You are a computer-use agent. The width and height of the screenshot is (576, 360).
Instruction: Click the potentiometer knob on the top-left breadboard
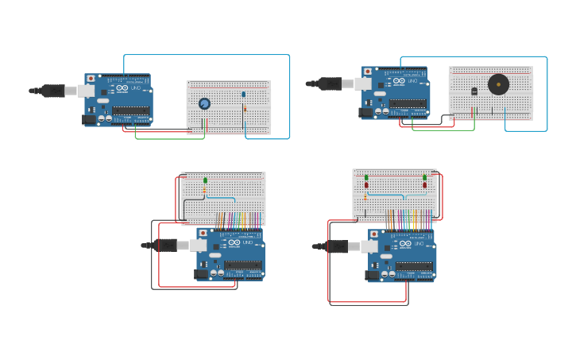pyautogui.click(x=204, y=103)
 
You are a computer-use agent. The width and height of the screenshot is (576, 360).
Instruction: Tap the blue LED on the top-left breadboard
pyautogui.click(x=244, y=95)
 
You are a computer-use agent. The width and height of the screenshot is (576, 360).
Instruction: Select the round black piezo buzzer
pyautogui.click(x=498, y=85)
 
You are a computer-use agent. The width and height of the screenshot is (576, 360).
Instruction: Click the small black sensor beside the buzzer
pyautogui.click(x=474, y=91)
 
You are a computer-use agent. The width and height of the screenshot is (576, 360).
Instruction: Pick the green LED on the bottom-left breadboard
pyautogui.click(x=205, y=180)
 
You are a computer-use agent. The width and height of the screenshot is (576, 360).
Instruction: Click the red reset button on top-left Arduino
pyautogui.click(x=91, y=79)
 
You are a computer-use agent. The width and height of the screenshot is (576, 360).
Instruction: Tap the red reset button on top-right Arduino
pyautogui.click(x=368, y=71)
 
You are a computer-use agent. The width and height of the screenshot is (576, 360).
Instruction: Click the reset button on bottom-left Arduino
pyautogui.click(x=203, y=233)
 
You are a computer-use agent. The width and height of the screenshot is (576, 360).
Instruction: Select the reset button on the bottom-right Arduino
pyautogui.click(x=374, y=234)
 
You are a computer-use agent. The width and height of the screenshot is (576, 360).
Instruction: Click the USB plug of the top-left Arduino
pyautogui.click(x=52, y=91)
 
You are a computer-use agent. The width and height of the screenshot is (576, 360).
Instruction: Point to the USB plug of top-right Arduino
pyautogui.click(x=330, y=83)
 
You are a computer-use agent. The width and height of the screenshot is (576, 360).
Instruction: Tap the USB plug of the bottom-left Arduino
pyautogui.click(x=164, y=245)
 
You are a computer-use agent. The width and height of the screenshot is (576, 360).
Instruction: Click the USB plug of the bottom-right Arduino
pyautogui.click(x=336, y=246)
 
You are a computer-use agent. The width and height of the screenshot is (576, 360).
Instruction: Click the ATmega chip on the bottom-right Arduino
pyautogui.click(x=414, y=266)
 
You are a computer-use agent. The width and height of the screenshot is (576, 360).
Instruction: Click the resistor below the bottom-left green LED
pyautogui.click(x=204, y=191)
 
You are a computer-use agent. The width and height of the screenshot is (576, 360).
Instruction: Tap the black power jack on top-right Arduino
pyautogui.click(x=366, y=112)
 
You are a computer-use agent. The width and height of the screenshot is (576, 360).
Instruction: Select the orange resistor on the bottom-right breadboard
pyautogui.click(x=365, y=195)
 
